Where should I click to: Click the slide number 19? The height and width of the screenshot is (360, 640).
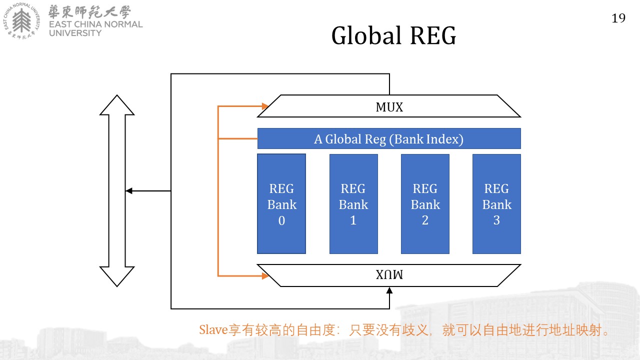618,18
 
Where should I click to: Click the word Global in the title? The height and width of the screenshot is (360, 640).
366,35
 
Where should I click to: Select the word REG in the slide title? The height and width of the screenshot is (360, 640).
433,35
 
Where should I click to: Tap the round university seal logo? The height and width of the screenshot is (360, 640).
21,21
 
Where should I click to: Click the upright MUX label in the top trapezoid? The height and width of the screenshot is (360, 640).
389,107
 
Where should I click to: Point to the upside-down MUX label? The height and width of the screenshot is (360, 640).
389,274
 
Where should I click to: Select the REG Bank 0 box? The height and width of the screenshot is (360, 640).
281,203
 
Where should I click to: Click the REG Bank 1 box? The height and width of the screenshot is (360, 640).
353,203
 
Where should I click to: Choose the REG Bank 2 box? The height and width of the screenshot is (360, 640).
425,203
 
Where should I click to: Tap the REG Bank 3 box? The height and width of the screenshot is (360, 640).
496,203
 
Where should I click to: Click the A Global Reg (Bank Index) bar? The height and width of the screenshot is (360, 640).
389,138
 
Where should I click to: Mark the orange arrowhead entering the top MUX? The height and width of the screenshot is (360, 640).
265,106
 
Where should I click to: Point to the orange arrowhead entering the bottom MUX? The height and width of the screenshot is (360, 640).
265,275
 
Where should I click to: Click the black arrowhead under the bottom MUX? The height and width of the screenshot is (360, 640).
389,290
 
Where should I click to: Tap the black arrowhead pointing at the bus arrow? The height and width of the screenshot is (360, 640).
129,190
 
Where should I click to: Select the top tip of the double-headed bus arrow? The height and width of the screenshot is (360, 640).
117,95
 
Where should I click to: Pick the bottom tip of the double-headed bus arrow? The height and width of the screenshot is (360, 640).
117,286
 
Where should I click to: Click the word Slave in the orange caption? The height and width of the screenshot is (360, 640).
213,330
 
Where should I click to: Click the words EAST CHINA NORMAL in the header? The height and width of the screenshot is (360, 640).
95,24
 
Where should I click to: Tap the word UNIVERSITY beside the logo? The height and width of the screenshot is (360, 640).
75,33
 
